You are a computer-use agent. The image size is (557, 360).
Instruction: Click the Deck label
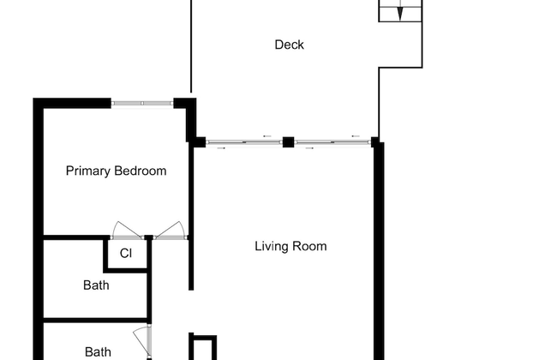point(289,45)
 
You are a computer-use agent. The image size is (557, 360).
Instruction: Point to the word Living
point(272,246)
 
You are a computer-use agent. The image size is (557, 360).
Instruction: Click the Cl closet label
point(125,253)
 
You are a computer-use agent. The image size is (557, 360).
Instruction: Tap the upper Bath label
point(96,285)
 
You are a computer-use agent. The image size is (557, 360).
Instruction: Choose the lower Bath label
point(98,351)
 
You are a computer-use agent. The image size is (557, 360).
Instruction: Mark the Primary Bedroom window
point(142,104)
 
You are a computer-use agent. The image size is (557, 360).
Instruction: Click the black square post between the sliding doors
point(289,142)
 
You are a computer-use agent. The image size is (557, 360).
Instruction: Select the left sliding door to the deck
point(243,142)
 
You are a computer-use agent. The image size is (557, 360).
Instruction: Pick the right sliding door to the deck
point(332,142)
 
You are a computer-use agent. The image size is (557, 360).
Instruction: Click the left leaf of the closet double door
point(126,231)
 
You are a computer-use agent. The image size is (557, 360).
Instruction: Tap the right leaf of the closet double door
point(170,230)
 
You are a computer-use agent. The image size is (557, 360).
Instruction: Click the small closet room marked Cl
point(125,254)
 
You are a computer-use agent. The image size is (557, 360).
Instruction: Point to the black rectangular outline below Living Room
point(202,347)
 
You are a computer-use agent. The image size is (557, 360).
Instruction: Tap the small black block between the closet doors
point(148,237)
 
